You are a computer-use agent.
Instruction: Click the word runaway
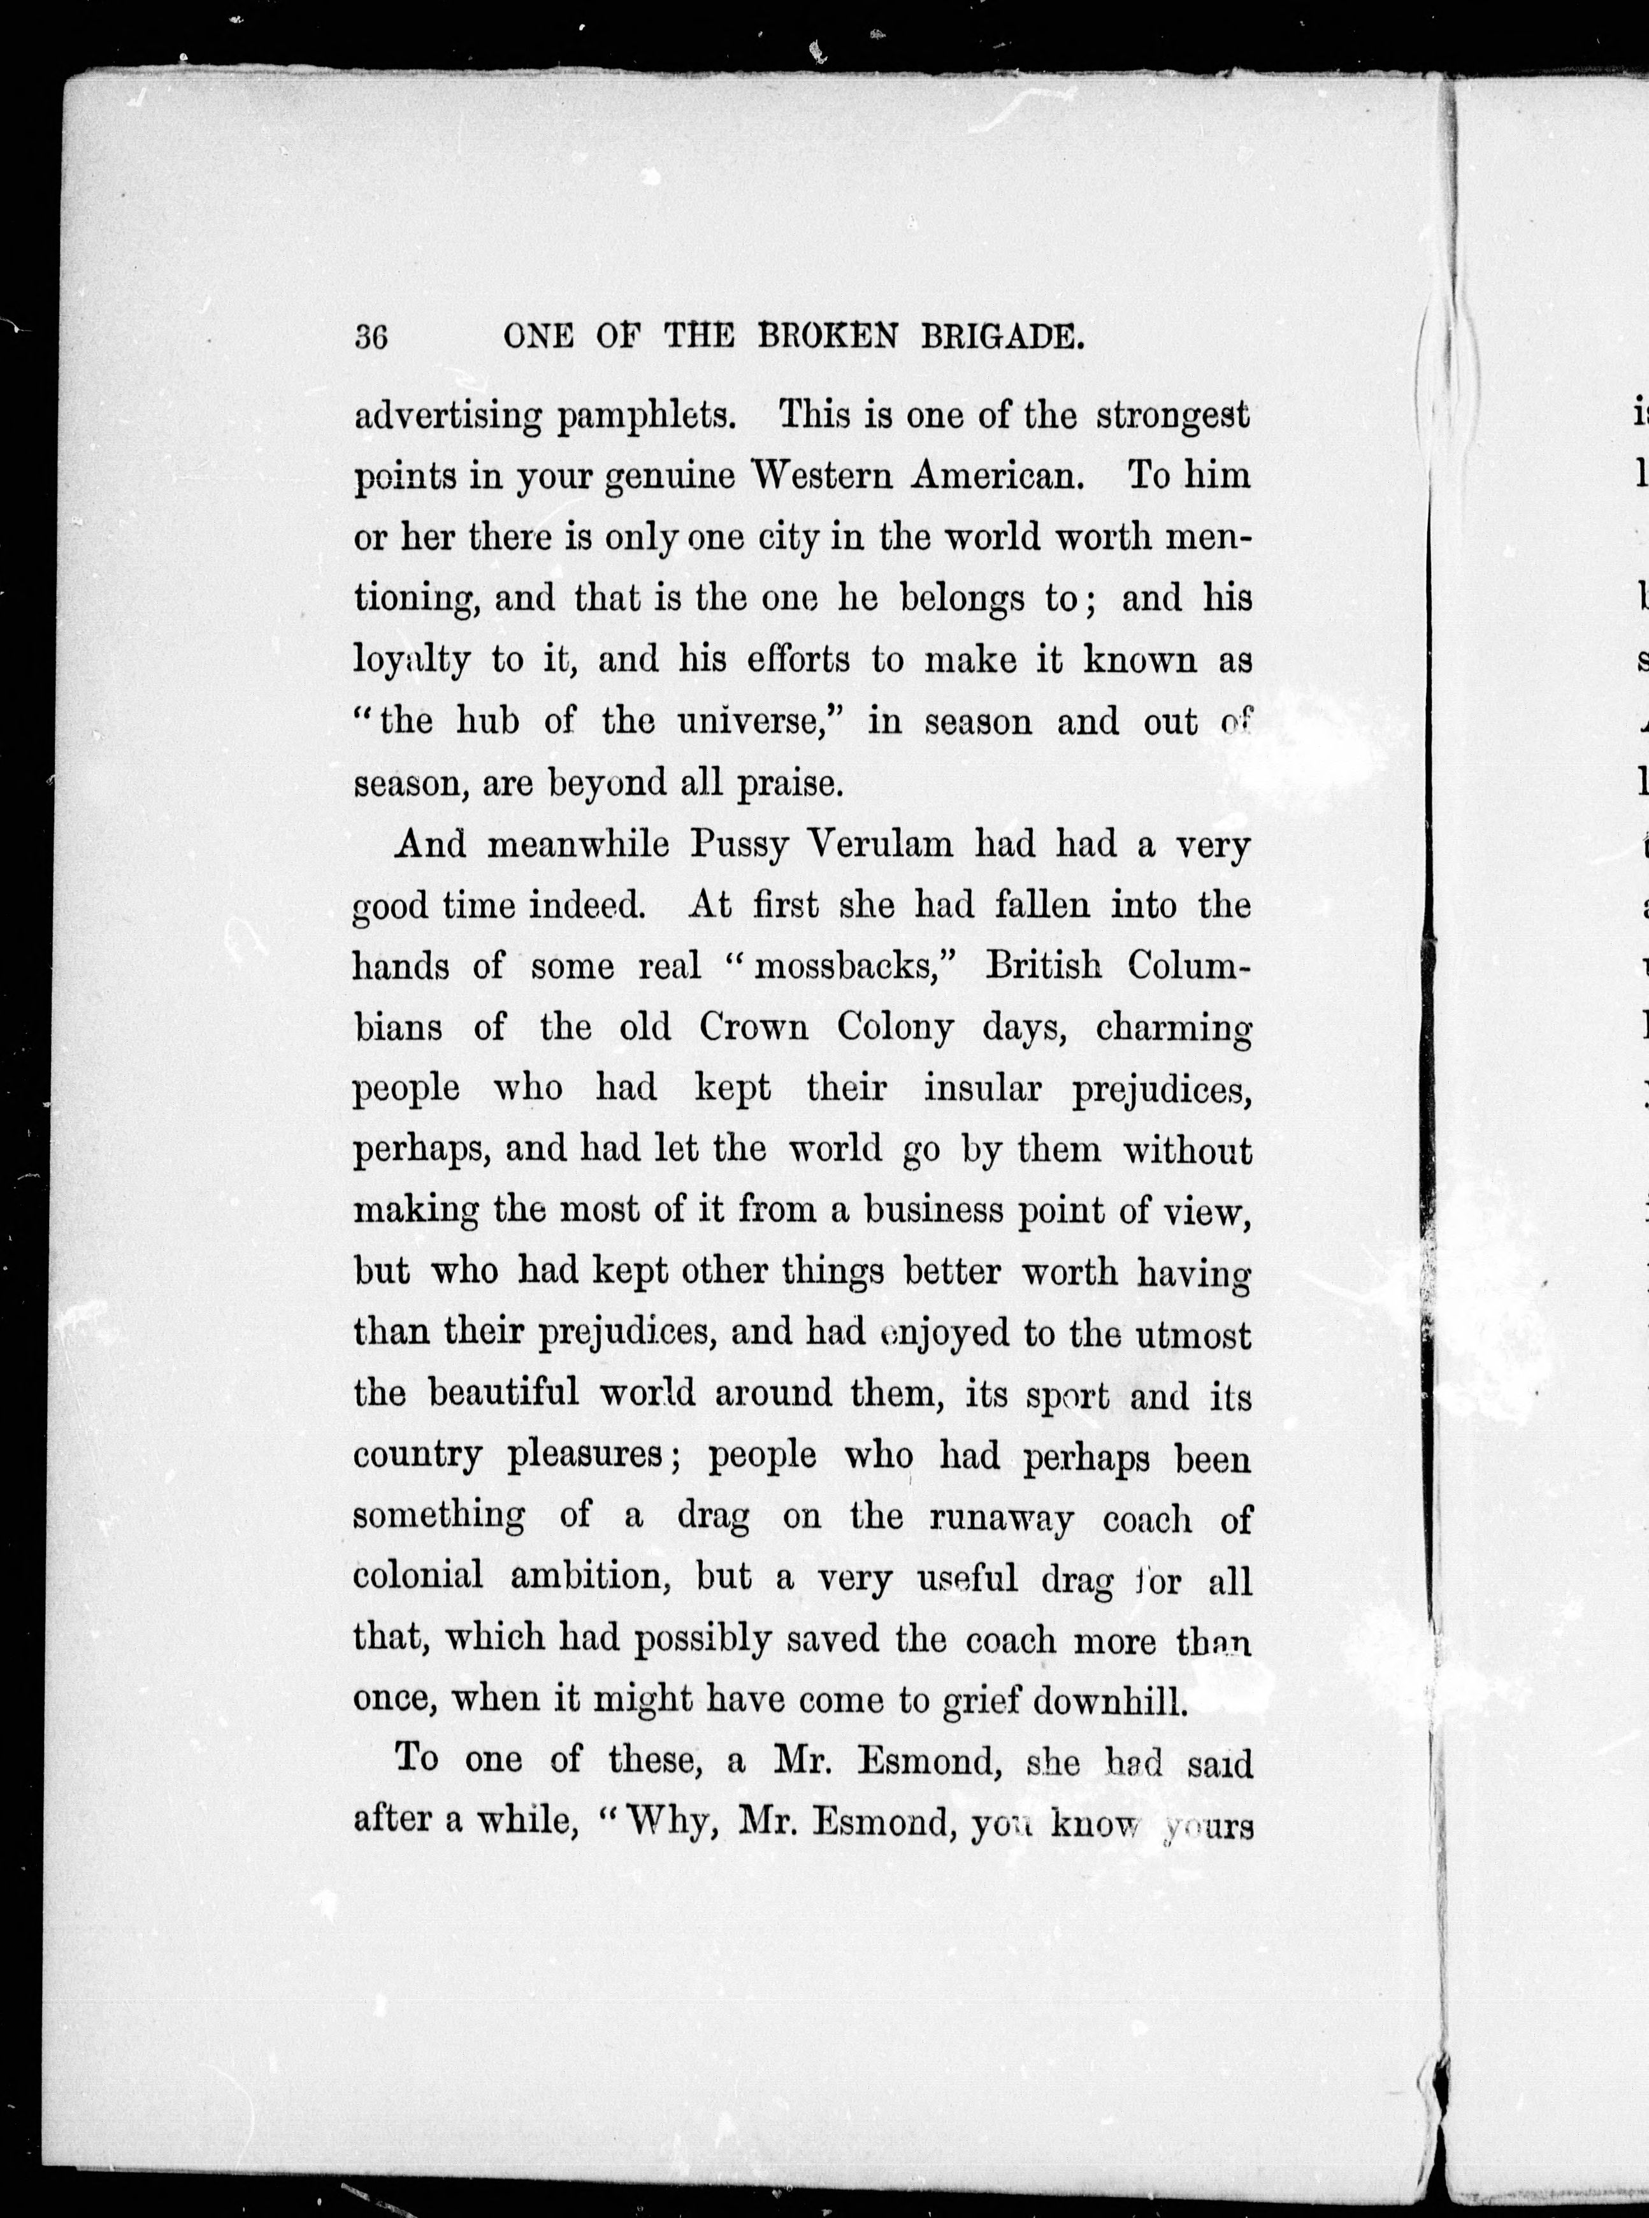(1001, 1518)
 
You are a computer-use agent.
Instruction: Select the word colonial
(418, 1577)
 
